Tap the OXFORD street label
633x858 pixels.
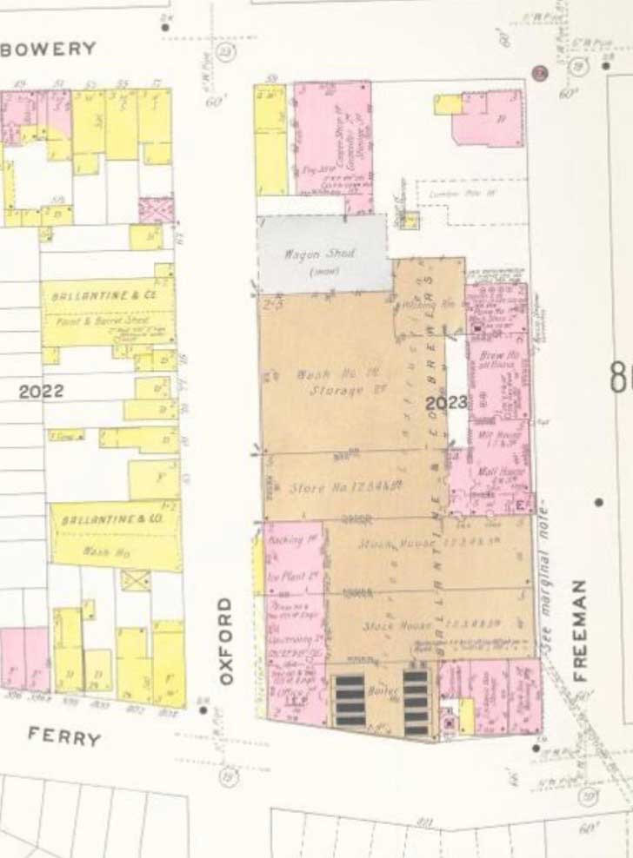[225, 640]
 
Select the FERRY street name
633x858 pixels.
[64, 737]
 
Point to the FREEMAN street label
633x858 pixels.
[580, 630]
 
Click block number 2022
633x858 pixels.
[42, 392]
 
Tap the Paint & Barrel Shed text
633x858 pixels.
[112, 321]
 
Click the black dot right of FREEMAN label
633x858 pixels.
[599, 502]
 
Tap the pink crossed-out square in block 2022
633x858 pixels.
[157, 209]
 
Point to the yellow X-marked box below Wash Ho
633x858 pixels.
[135, 580]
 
